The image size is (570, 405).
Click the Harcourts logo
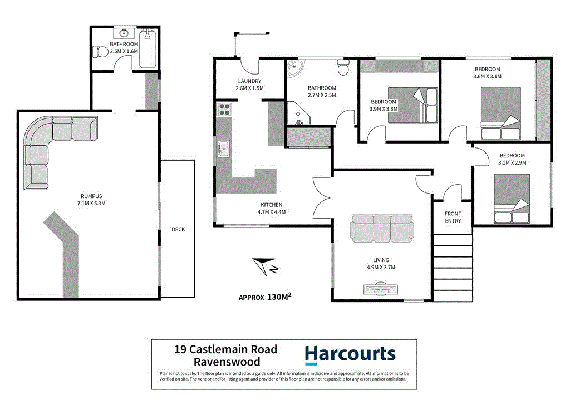point(350,354)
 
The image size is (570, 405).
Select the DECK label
point(178,229)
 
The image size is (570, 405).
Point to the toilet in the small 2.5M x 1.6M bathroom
point(101,52)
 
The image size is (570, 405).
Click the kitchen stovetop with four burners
point(224,109)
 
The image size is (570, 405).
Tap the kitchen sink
point(224,149)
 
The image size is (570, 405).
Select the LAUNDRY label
point(249,81)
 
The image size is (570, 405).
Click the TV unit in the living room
point(381,288)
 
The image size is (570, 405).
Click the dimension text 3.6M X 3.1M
point(488,76)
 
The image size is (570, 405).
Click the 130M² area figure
point(279,297)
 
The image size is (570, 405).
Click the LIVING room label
point(381,260)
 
